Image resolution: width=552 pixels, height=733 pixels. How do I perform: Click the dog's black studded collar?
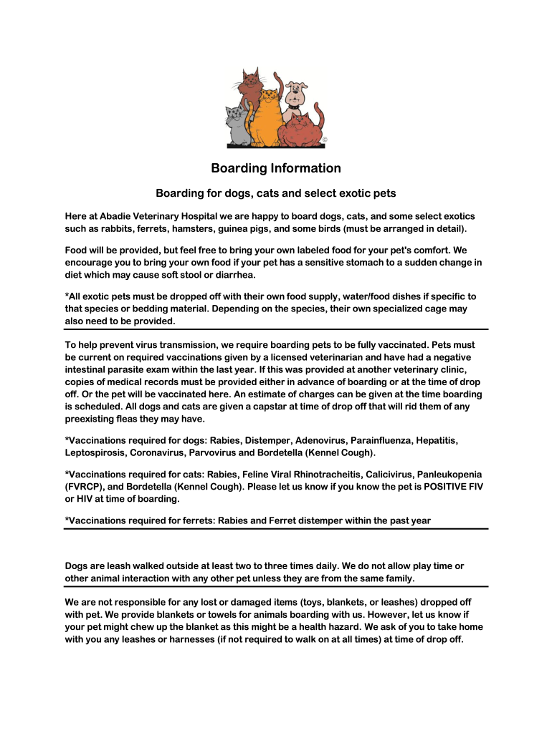295,107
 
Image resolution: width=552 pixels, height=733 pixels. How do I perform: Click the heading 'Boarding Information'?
276,168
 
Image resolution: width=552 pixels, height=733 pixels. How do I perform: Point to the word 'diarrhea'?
234,275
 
